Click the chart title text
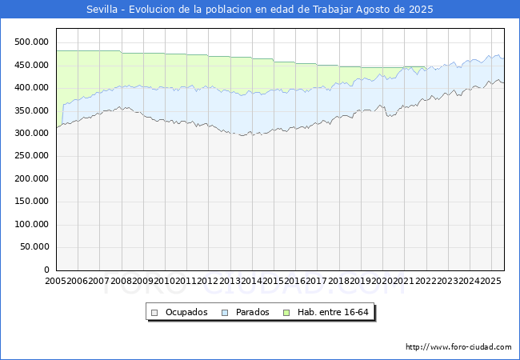[260, 10]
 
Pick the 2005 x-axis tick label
[56, 282]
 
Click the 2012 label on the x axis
[207, 282]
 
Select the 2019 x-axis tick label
[359, 282]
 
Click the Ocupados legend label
[186, 312]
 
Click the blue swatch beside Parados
[226, 312]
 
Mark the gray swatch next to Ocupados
[155, 312]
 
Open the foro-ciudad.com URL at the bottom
[458, 347]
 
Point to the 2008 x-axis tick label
[121, 282]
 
